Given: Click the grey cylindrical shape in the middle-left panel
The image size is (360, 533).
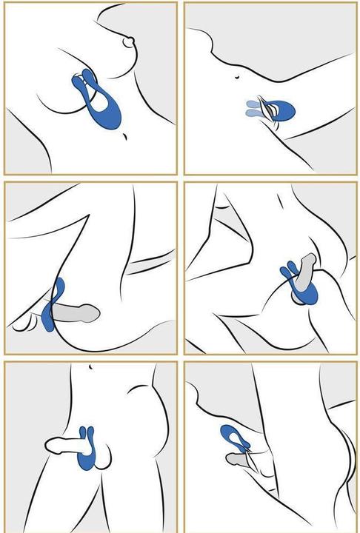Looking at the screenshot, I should pos(79,314).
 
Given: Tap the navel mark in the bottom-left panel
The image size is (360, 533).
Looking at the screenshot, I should pos(90,367).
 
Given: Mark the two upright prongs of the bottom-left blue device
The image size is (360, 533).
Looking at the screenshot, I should pos(87,433).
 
